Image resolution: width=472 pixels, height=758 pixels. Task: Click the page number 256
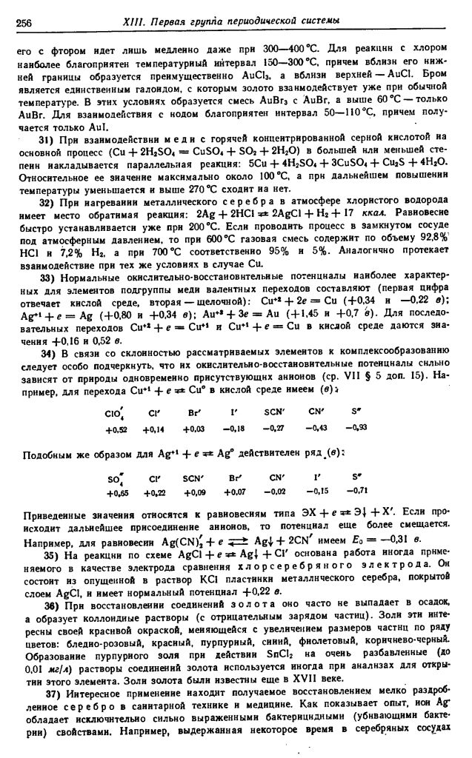(x=24, y=21)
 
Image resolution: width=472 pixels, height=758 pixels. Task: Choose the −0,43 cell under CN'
(x=319, y=428)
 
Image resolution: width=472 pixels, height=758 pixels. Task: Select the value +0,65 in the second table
(x=117, y=493)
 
